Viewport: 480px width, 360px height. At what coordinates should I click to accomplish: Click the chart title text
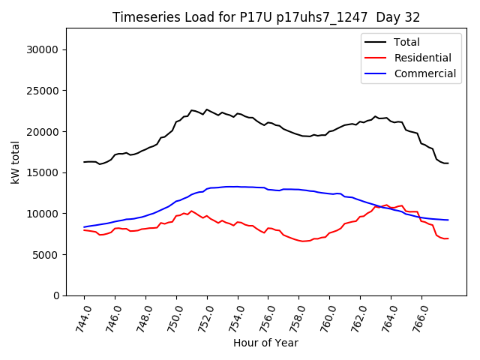pyautogui.click(x=266, y=17)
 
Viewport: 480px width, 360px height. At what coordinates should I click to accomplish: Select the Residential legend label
pyautogui.click(x=423, y=58)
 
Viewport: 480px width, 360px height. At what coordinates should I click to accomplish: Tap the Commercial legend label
pyautogui.click(x=425, y=73)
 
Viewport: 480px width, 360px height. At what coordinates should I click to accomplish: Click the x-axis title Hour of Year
pyautogui.click(x=265, y=343)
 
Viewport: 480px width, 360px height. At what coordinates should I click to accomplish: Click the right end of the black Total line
pyautogui.click(x=448, y=163)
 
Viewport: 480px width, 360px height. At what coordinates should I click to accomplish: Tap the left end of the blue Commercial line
pyautogui.click(x=84, y=226)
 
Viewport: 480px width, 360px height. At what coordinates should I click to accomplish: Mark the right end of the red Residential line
pyautogui.click(x=448, y=238)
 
